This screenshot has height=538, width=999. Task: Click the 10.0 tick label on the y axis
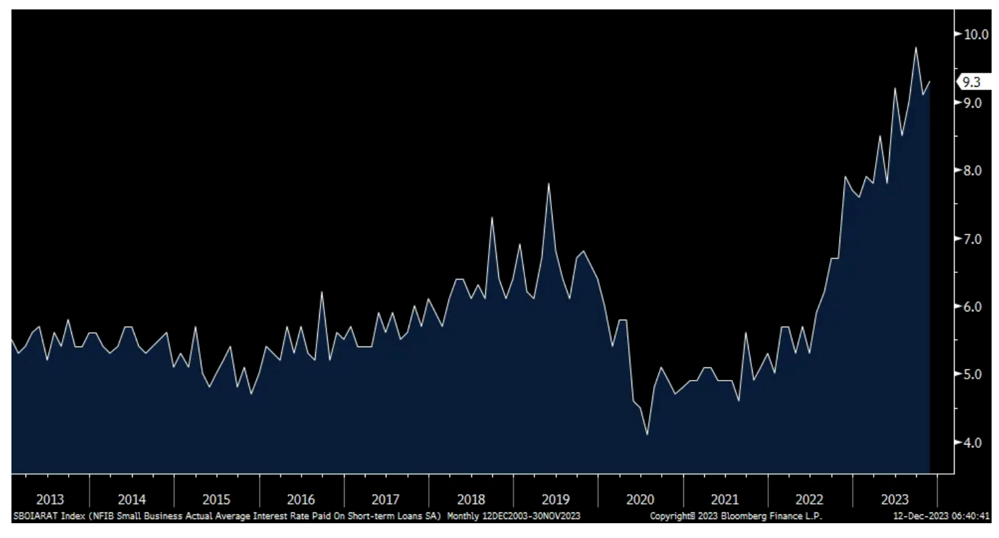coord(973,34)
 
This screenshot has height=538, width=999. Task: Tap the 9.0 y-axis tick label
coord(972,103)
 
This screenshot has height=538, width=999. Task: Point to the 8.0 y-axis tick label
coord(972,171)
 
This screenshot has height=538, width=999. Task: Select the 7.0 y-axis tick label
coord(972,239)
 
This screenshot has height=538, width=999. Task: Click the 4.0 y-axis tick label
coord(972,443)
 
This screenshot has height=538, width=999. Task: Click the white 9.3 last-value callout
coord(972,82)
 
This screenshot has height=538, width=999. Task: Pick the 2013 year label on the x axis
coord(50,500)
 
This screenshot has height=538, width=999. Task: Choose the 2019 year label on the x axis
coord(555,500)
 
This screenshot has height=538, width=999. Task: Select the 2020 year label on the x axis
coord(640,500)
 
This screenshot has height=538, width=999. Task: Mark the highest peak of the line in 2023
coord(916,47)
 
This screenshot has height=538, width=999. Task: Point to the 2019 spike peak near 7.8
coord(549,184)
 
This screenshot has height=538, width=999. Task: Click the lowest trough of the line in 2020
coord(647,434)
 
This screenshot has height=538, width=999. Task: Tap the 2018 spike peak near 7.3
coord(492,217)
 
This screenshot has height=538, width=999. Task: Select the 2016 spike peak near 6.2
coord(322,292)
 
